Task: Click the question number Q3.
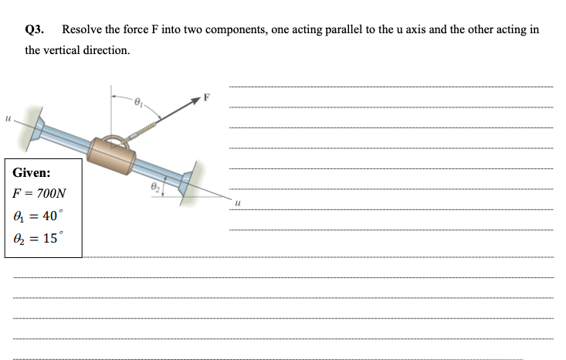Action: tap(34, 29)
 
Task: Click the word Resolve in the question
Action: tap(80, 29)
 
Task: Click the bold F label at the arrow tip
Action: tap(206, 98)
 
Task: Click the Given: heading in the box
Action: tap(32, 174)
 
